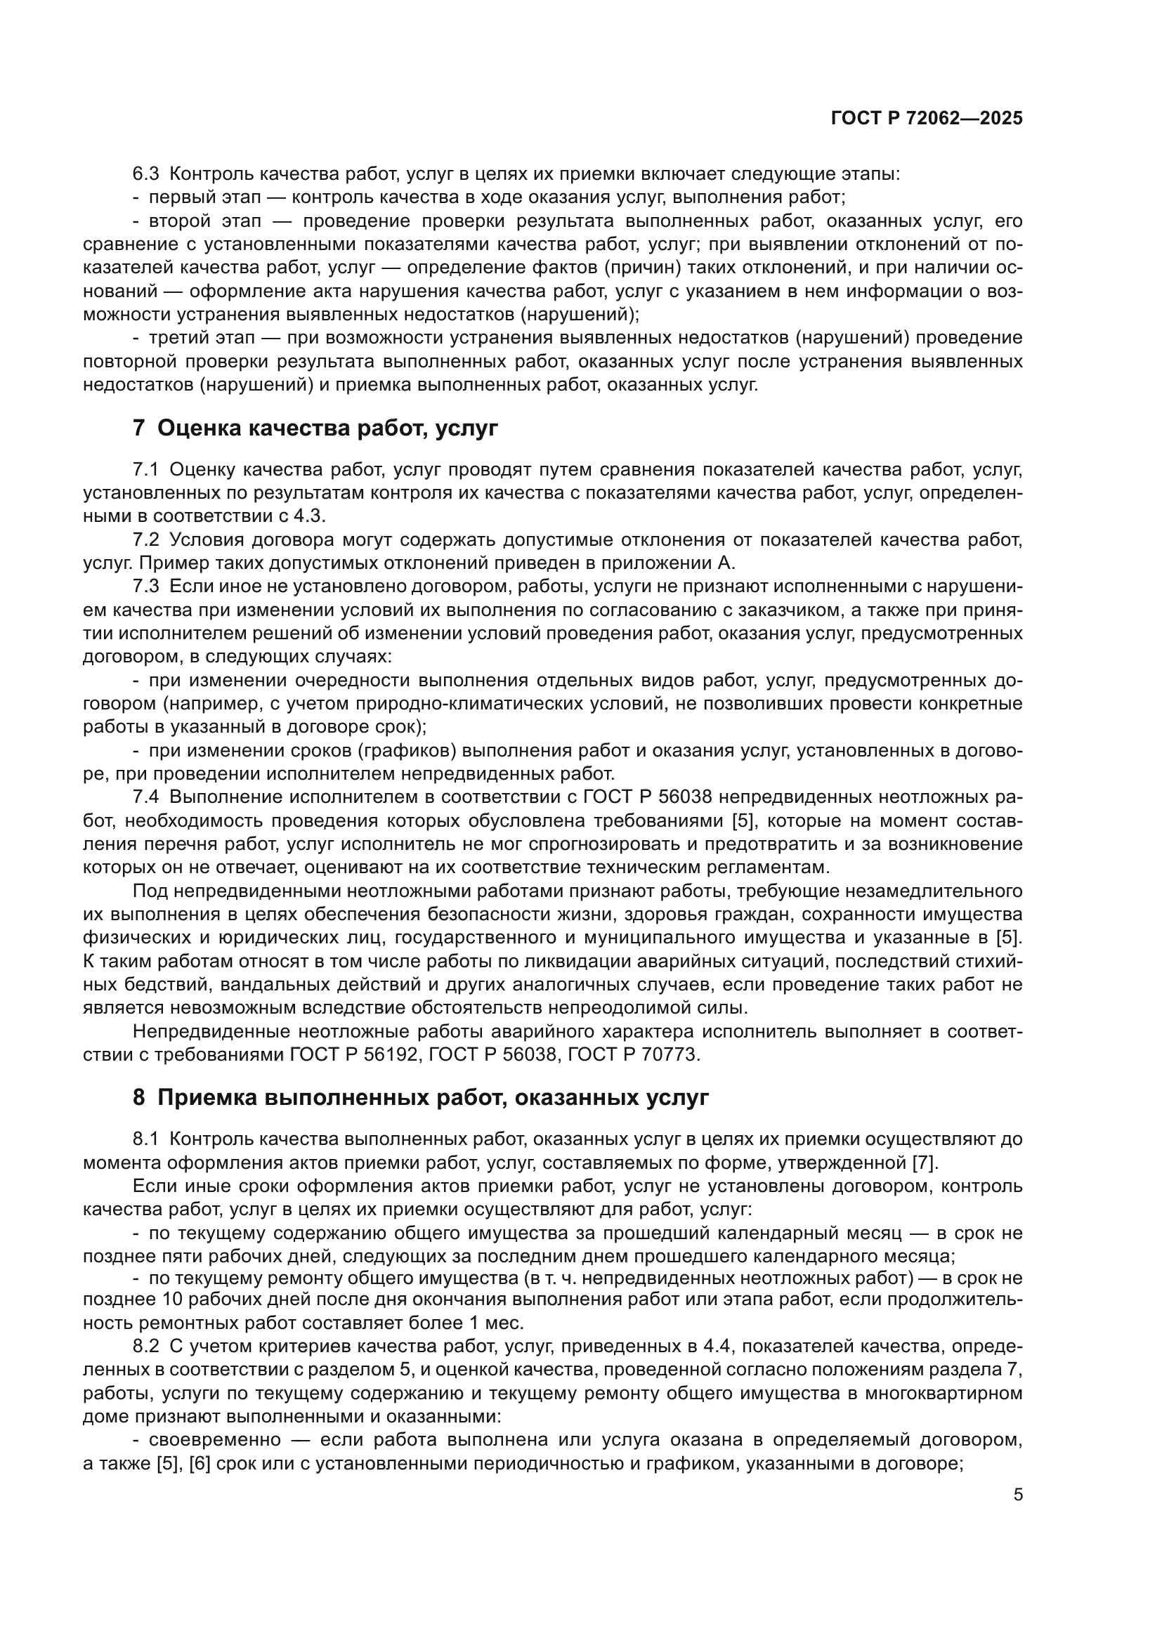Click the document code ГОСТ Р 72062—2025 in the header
pos(926,119)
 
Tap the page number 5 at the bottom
pos(1018,1495)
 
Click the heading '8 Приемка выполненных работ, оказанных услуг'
pos(421,1097)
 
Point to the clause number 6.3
pos(146,174)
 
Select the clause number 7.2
pos(146,539)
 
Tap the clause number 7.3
pos(146,587)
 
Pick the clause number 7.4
pos(146,797)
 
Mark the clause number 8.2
pos(146,1346)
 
